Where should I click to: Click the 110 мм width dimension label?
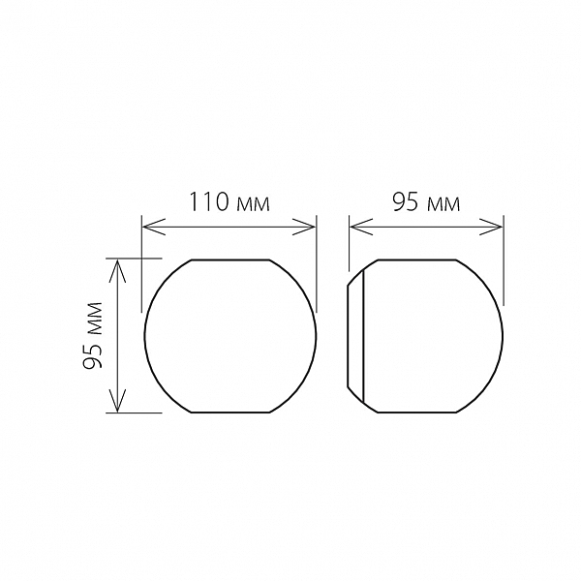(x=229, y=202)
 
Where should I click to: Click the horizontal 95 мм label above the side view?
(x=426, y=203)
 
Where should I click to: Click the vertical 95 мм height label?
(x=93, y=336)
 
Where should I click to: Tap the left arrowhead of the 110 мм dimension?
(x=153, y=227)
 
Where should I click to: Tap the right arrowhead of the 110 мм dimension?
(x=305, y=227)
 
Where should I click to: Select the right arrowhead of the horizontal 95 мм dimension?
(x=491, y=227)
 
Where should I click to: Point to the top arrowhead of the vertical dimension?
(x=117, y=270)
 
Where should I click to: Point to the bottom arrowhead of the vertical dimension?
(x=117, y=401)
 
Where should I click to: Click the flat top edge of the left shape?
(x=230, y=260)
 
